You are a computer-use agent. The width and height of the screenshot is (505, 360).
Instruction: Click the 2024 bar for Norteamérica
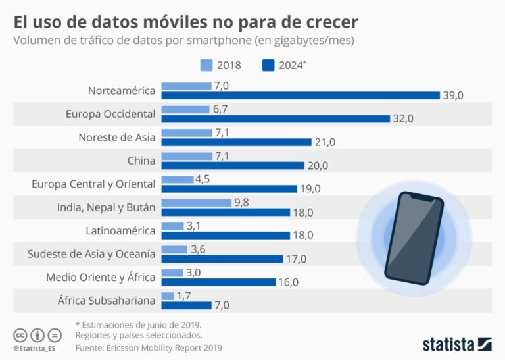pyautogui.click(x=300, y=95)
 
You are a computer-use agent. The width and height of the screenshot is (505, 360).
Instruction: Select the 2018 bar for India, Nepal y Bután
pyautogui.click(x=196, y=203)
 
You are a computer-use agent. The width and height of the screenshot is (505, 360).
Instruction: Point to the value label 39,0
pyautogui.click(x=454, y=95)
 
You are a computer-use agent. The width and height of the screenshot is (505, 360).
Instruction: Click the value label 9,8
pyautogui.click(x=243, y=202)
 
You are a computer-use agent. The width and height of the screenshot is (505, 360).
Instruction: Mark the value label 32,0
pyautogui.click(x=404, y=118)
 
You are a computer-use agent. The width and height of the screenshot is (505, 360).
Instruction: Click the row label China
pyautogui.click(x=141, y=161)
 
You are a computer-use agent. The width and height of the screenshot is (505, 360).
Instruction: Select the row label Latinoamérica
pyautogui.click(x=120, y=230)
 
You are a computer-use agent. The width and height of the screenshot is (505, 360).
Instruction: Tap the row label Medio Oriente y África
pyautogui.click(x=101, y=277)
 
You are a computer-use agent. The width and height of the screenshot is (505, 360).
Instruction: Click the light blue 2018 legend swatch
pyautogui.click(x=206, y=65)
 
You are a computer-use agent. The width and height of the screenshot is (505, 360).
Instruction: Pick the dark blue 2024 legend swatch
pyautogui.click(x=268, y=65)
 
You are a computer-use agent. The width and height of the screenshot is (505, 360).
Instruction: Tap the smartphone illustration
pyautogui.click(x=414, y=235)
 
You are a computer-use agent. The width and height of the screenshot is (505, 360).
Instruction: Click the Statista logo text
pyautogui.click(x=448, y=344)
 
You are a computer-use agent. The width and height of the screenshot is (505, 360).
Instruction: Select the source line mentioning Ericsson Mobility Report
pyautogui.click(x=149, y=347)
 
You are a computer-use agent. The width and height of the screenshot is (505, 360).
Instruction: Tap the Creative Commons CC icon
pyautogui.click(x=19, y=335)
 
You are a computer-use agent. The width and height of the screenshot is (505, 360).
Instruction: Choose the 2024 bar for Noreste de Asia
pyautogui.click(x=236, y=142)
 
